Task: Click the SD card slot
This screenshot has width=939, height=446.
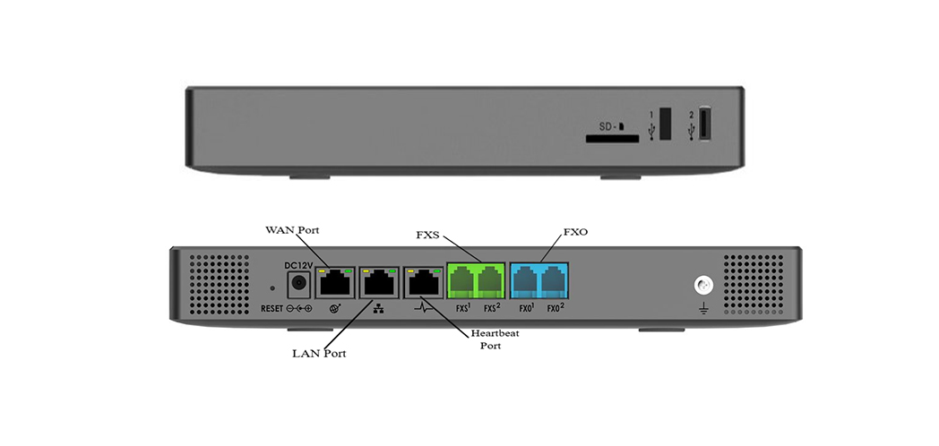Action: (612, 139)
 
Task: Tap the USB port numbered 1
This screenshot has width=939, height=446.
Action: (666, 123)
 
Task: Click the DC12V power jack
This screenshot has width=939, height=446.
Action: (298, 286)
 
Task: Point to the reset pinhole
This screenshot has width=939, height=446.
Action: (272, 288)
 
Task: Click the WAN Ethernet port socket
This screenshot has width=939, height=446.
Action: (336, 282)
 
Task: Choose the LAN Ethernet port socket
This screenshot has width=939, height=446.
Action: (380, 282)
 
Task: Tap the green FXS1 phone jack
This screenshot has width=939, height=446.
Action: (461, 281)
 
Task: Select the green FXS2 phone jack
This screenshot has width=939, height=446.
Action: (490, 281)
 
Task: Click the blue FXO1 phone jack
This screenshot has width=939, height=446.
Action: (525, 281)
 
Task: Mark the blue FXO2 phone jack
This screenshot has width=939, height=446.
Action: (554, 281)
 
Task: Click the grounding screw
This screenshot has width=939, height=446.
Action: (704, 286)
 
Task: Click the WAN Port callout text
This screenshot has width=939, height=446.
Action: (292, 231)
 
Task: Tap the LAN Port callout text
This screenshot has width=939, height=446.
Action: (319, 353)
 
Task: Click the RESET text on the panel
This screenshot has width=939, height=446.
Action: (271, 309)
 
